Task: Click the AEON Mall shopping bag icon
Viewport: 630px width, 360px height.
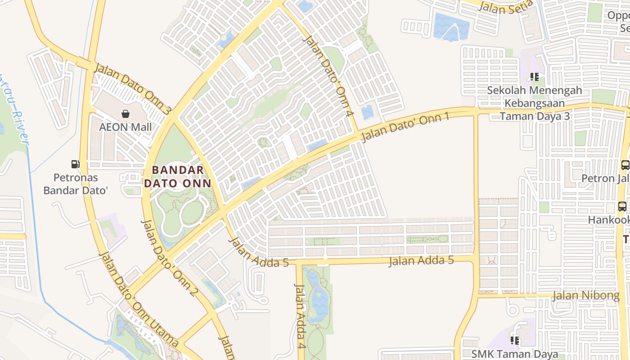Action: pos(126,114)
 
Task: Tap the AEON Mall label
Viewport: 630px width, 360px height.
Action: pos(126,127)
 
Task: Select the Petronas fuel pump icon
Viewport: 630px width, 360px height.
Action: pos(76,164)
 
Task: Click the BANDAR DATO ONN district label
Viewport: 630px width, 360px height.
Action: pos(177,176)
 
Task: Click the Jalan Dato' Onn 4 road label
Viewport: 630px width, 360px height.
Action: pos(327,77)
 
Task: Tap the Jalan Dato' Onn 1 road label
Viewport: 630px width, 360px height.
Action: pos(405,127)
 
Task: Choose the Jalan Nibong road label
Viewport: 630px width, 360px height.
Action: pos(585,296)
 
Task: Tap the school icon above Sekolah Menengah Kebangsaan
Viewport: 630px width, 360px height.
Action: pos(535,77)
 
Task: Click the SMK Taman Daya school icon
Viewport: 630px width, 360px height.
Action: pos(515,340)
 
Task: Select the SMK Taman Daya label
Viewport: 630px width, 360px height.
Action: pos(515,354)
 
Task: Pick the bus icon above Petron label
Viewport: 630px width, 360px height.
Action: pos(625,165)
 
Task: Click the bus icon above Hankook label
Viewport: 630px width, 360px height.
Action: pos(622,207)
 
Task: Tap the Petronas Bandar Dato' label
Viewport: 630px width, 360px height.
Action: pos(76,184)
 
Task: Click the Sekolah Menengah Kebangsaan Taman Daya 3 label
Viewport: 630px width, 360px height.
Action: pos(535,103)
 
